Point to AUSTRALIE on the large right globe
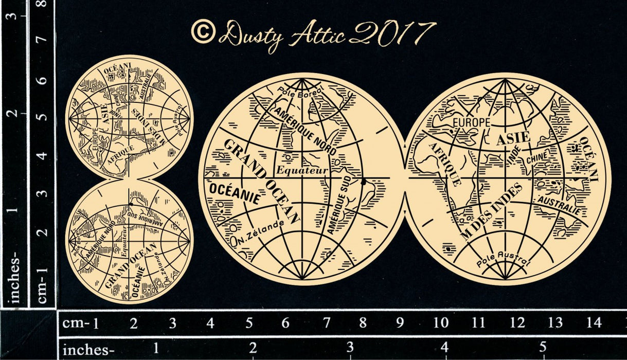(x=559, y=205)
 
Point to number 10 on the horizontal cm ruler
(x=441, y=323)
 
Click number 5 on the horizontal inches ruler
(x=542, y=346)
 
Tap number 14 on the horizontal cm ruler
(x=593, y=323)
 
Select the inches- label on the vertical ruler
(x=15, y=279)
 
